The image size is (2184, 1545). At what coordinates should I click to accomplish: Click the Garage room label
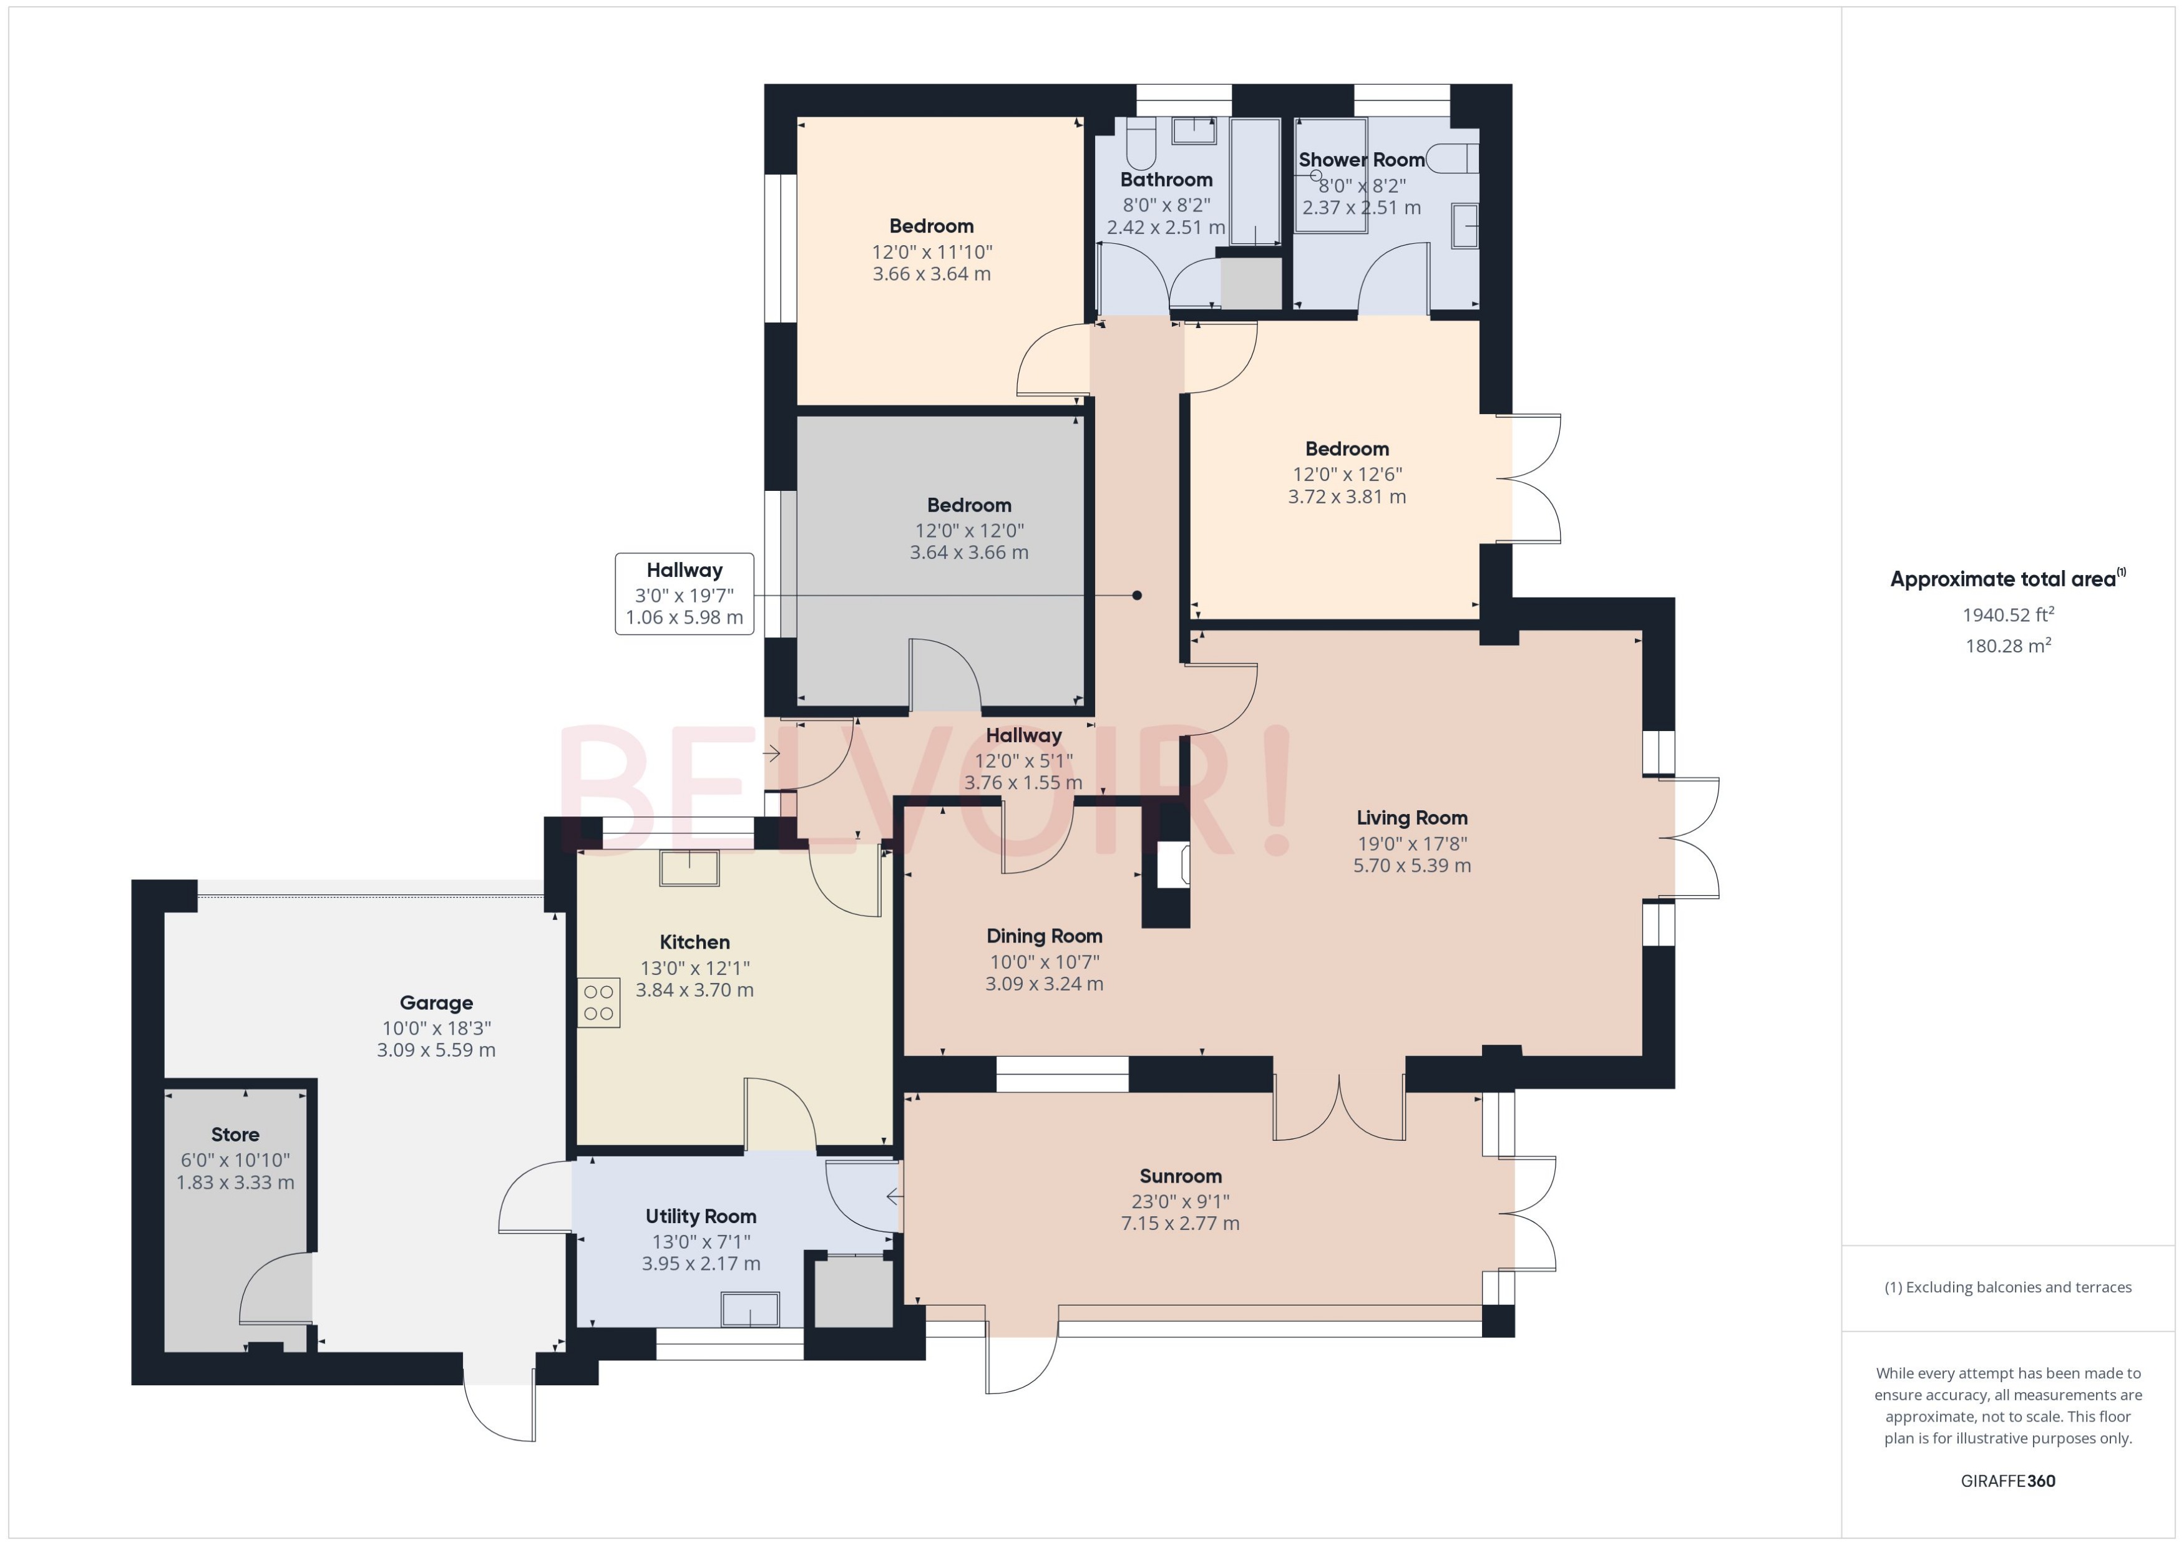(x=436, y=1003)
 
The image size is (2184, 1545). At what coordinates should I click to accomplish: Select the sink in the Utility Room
(x=750, y=1309)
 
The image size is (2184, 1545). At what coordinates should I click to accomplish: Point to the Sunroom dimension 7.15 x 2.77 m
(x=1180, y=1223)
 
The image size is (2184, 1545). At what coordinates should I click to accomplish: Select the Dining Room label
(x=1044, y=936)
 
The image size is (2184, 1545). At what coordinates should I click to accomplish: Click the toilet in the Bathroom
(x=1140, y=145)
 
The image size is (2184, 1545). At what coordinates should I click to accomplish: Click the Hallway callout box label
(x=685, y=571)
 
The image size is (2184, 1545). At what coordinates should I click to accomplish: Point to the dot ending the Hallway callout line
(x=1136, y=596)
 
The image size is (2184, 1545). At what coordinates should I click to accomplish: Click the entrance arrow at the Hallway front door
(x=772, y=753)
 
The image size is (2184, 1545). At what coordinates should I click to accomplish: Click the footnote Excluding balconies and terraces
(x=2007, y=1287)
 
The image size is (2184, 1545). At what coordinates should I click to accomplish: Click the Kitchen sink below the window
(x=690, y=868)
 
